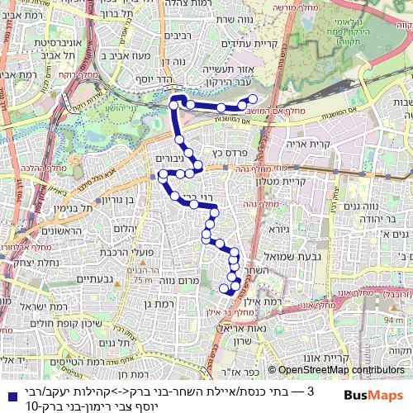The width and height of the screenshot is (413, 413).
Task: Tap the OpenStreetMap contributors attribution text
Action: coord(340,371)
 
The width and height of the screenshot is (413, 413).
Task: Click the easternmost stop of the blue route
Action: coord(253,99)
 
